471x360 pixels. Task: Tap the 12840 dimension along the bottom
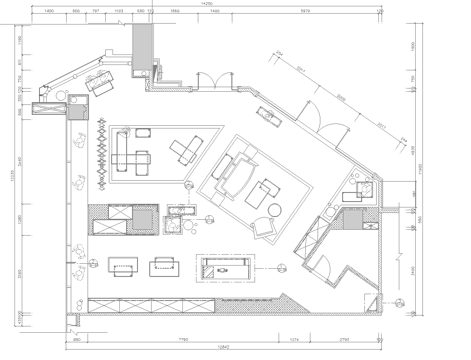(x=223, y=351)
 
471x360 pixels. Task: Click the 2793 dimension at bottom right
(x=344, y=341)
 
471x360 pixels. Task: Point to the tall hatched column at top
(x=140, y=45)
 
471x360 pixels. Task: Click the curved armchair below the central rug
(x=263, y=229)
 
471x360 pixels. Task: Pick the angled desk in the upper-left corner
(x=100, y=86)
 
